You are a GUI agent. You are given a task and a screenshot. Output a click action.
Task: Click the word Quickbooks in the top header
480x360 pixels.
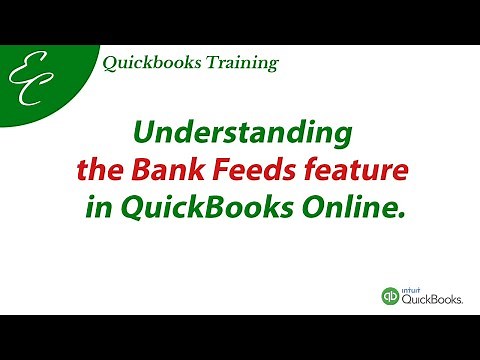pyautogui.click(x=146, y=64)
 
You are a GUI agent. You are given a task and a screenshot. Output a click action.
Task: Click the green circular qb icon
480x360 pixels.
pyautogui.click(x=391, y=296)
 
